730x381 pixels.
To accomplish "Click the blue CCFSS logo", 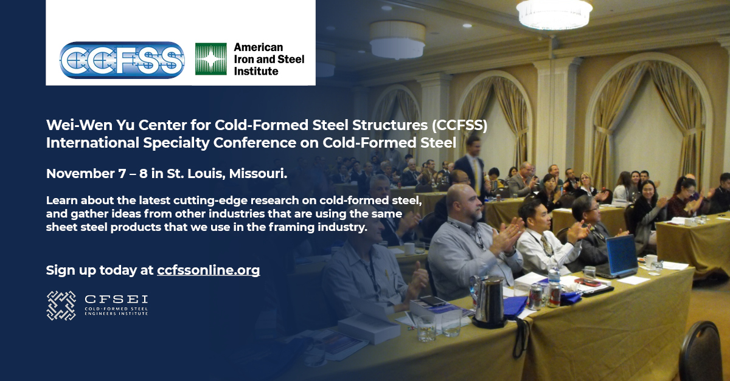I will point(122,60).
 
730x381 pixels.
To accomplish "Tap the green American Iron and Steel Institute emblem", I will point(210,59).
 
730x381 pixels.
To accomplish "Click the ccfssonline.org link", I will point(208,270).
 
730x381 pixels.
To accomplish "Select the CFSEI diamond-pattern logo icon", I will point(61,306).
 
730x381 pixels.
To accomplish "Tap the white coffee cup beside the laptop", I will point(650,261).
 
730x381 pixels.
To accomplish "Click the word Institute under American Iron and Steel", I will point(256,71).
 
